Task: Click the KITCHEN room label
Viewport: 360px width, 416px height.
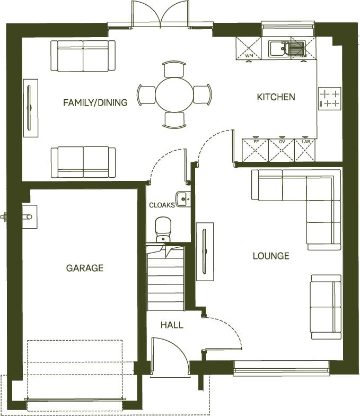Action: [x=276, y=97]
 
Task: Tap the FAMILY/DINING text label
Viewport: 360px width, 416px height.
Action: [x=95, y=102]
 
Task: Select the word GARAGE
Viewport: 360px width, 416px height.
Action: [x=85, y=268]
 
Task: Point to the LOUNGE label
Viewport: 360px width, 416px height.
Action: [x=271, y=256]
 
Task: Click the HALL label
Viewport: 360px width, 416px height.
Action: [x=172, y=325]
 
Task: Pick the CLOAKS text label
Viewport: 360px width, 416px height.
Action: [x=161, y=205]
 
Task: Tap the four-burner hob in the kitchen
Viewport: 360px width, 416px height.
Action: [x=329, y=98]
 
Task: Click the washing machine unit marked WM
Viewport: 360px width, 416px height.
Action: [x=249, y=48]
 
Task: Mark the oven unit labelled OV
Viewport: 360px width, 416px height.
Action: [x=281, y=150]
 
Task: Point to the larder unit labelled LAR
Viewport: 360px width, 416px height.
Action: [x=305, y=150]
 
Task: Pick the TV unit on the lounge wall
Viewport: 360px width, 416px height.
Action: [x=205, y=250]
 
